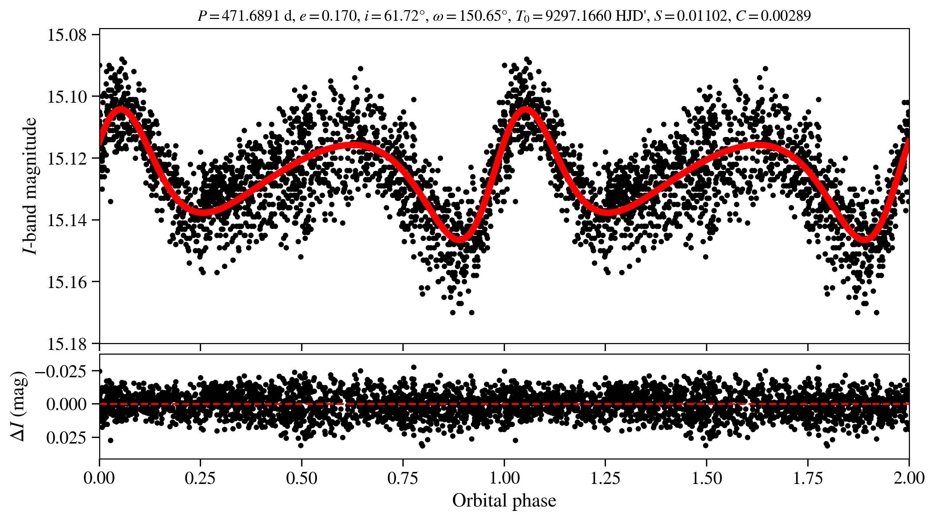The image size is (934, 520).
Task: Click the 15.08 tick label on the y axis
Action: click(67, 35)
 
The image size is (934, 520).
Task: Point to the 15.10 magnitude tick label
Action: click(67, 97)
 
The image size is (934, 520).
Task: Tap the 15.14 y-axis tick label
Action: click(67, 220)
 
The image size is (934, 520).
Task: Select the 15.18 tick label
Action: click(67, 344)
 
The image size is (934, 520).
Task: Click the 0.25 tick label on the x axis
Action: click(200, 478)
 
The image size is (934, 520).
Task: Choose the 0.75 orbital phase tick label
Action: click(403, 478)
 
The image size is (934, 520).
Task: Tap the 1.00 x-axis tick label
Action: click(504, 478)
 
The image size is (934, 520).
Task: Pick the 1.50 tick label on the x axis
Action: click(707, 478)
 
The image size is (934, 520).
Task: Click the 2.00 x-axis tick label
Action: click(909, 478)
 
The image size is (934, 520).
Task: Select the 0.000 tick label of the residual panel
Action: click(67, 404)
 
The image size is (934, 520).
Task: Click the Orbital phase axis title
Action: click(504, 501)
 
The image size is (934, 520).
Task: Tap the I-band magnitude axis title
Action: click(30, 186)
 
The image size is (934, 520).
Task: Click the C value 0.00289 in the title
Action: click(785, 16)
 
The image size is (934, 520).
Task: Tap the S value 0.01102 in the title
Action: click(702, 16)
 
